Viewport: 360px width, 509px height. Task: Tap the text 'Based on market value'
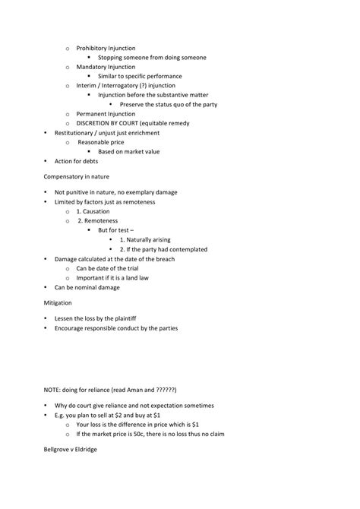pyautogui.click(x=128, y=151)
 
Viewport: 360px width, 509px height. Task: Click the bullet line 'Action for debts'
pyautogui.click(x=77, y=161)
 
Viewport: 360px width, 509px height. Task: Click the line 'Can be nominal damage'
pyautogui.click(x=87, y=287)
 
